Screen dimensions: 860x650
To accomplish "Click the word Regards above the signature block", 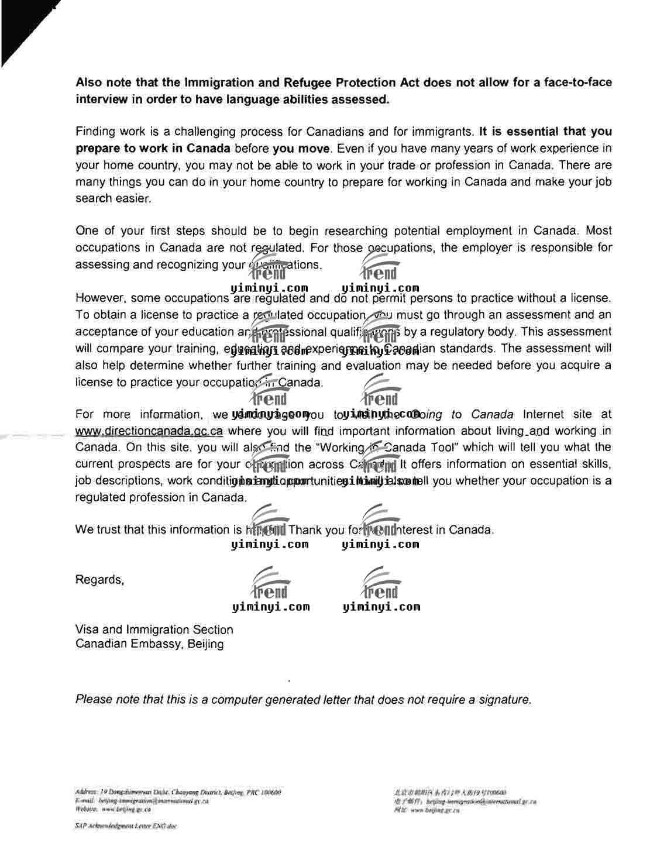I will (x=99, y=580).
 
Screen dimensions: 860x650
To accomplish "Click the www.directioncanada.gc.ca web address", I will (x=149, y=432).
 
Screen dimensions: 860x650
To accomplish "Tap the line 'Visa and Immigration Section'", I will (x=154, y=630).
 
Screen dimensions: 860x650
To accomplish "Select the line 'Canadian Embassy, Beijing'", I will (x=149, y=645).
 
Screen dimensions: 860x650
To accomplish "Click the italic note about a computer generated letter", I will (x=303, y=700).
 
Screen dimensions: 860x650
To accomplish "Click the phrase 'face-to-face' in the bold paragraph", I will (x=577, y=82).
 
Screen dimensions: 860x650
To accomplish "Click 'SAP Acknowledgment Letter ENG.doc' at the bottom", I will (x=125, y=826).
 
